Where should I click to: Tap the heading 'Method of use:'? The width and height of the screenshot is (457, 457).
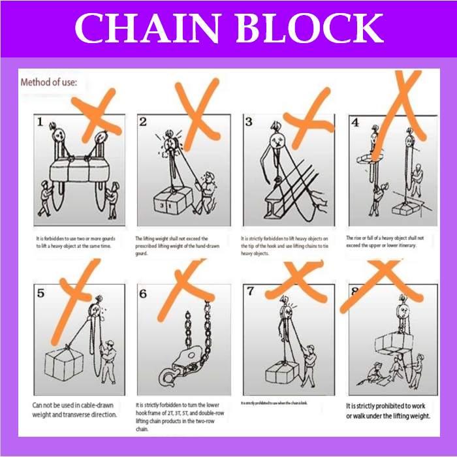50,83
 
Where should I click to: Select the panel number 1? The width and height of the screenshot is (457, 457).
40,122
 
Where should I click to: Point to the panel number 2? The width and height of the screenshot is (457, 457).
144,121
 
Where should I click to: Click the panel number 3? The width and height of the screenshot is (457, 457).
249,121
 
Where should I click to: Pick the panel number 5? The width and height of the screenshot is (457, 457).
40,293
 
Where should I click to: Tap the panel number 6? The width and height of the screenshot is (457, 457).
144,294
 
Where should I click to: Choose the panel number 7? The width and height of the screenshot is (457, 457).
250,291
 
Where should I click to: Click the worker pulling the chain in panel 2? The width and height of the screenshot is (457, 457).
207,189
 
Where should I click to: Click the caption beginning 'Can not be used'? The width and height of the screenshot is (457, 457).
74,409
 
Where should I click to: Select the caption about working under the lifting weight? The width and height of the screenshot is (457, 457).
388,411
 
